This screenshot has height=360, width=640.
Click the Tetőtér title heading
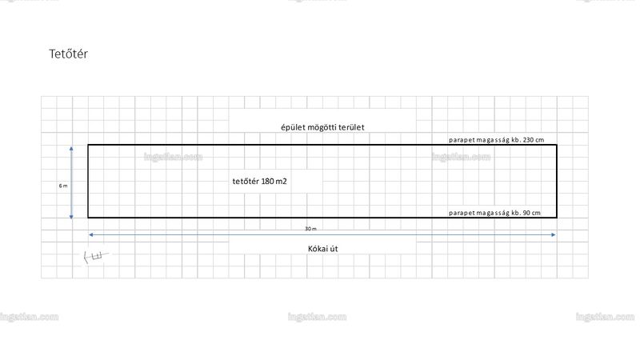68,54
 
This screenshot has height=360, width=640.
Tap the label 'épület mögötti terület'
322,127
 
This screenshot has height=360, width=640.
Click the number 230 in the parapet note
528,140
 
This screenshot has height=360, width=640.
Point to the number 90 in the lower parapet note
527,213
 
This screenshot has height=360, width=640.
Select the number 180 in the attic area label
267,182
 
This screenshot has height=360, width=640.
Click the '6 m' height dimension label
63,186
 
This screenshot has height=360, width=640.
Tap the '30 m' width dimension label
310,229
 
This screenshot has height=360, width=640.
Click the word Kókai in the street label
317,249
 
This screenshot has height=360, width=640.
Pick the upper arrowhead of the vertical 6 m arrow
71,149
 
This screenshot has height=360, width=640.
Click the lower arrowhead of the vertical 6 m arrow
71,217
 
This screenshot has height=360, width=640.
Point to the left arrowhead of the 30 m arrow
91,234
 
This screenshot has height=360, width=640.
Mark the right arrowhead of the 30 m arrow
553,234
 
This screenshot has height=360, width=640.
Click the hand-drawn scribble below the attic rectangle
96,256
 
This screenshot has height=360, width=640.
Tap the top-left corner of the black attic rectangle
88,145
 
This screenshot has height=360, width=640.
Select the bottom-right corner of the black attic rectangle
557,217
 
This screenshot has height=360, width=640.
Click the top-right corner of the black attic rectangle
557,145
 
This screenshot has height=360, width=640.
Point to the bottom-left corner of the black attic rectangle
88,217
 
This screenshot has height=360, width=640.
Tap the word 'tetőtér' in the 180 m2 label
246,182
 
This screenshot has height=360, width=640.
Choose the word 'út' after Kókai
334,249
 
